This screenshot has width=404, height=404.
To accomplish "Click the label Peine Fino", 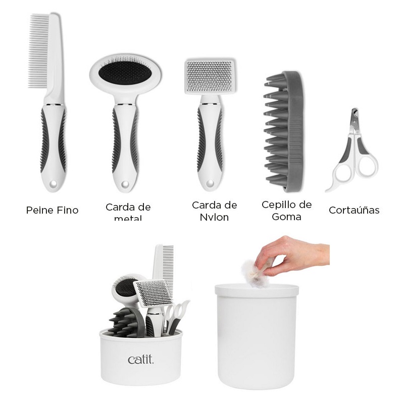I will coord(52,210).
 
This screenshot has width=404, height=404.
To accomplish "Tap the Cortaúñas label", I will coord(353,210).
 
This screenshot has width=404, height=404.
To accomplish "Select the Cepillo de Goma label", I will coord(286,211).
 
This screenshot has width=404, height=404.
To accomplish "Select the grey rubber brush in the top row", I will coord(286,133).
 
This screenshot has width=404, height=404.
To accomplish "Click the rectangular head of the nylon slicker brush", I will coord(209,77).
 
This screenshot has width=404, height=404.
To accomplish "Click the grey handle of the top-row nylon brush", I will coord(209,141).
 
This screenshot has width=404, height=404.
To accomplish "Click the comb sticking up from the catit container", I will coord(165,268).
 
